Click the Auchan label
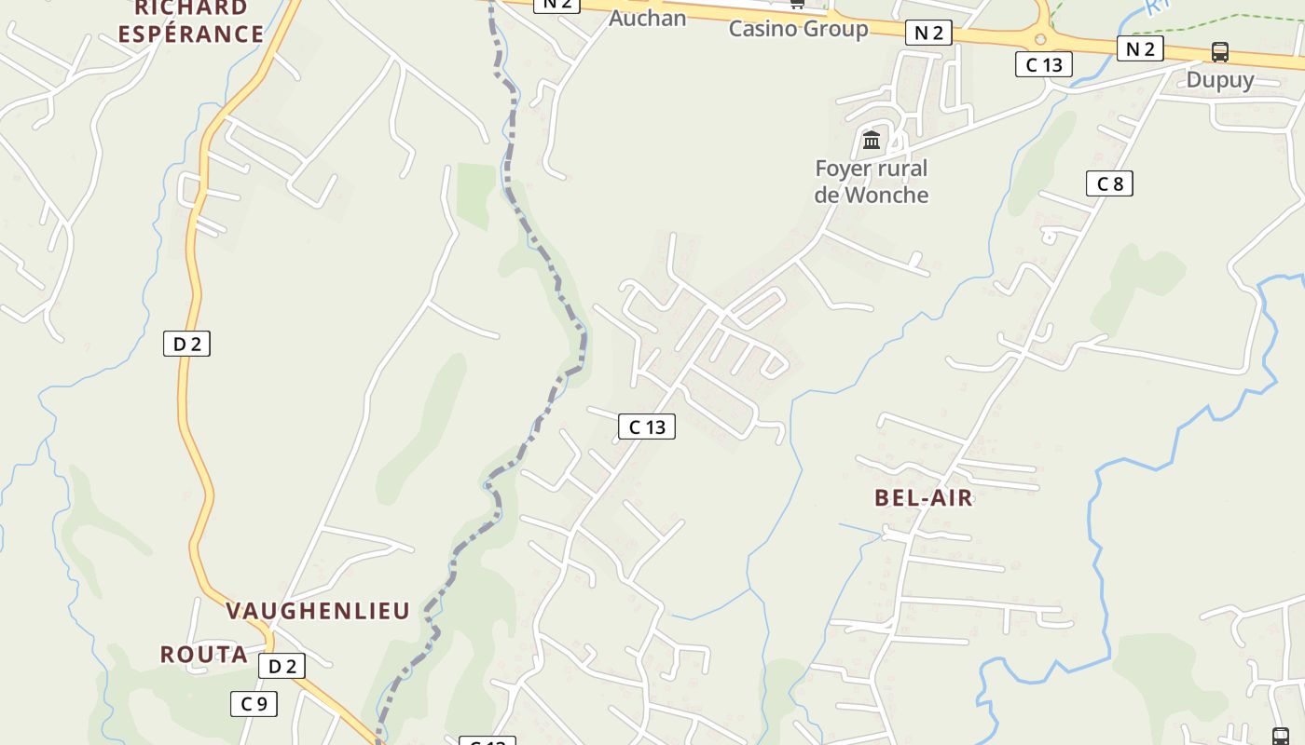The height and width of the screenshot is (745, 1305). point(647,18)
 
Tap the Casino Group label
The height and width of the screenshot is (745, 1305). point(798,29)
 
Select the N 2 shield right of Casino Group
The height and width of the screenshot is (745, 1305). point(928,34)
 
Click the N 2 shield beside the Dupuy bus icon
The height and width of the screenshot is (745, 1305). point(1140,48)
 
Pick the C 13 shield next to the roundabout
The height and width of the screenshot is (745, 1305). point(1043,64)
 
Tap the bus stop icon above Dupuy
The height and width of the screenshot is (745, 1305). point(1219,52)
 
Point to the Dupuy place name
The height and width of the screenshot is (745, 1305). point(1219,80)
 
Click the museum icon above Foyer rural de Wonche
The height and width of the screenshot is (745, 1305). point(872,140)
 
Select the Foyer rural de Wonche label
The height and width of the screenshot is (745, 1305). point(872,182)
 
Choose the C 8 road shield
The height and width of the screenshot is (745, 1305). point(1109,183)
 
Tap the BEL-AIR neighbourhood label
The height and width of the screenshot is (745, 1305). point(923,498)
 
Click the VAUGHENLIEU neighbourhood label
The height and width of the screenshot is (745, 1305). point(318,611)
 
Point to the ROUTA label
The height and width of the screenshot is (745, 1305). point(203,655)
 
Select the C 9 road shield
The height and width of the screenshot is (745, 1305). point(254,704)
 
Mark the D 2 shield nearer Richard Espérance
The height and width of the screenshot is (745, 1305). point(186,344)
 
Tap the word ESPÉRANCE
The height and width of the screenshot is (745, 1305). point(190,34)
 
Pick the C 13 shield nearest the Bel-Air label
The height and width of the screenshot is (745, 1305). point(646,427)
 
